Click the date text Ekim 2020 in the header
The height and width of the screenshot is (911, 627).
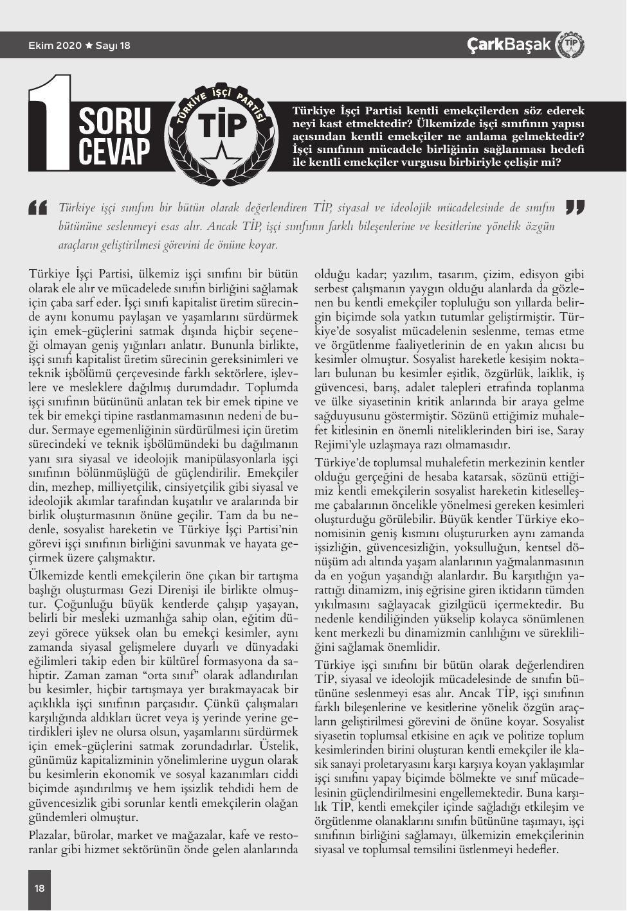(x=55, y=46)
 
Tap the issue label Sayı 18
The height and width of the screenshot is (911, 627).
(x=113, y=46)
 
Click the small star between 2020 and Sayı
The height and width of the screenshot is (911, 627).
(x=89, y=46)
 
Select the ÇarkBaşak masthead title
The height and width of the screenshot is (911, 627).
(x=509, y=44)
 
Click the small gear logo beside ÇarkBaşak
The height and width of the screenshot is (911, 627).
(x=569, y=44)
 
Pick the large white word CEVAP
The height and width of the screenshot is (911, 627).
(x=114, y=152)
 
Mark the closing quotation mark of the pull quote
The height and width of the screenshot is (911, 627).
(x=574, y=207)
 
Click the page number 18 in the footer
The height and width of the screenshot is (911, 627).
(x=40, y=888)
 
